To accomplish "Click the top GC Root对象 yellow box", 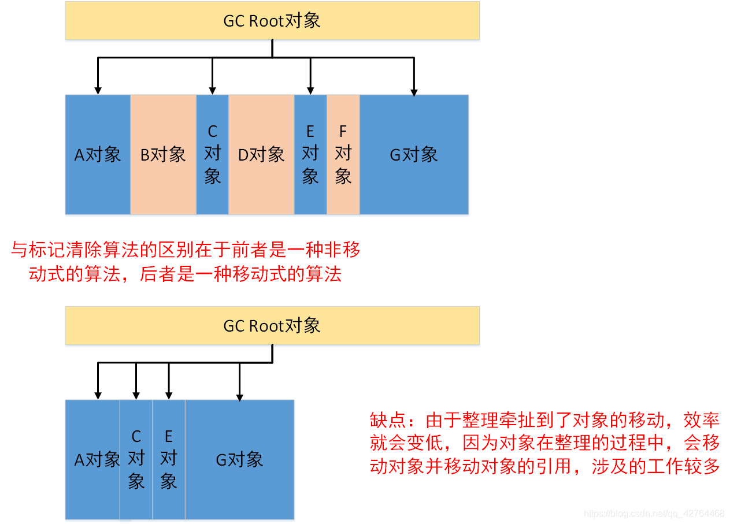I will click(x=272, y=21).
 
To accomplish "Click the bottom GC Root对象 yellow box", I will click(x=272, y=326).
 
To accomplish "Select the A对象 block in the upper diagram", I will click(x=98, y=155).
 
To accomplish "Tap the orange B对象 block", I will click(x=163, y=155).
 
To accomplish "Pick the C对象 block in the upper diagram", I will click(x=212, y=155).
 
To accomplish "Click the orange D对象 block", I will click(x=261, y=155).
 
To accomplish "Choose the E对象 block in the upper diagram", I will click(x=310, y=155).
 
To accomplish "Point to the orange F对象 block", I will click(x=343, y=155).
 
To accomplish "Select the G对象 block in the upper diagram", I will click(x=414, y=155).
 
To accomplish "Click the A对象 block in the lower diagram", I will click(x=92, y=459).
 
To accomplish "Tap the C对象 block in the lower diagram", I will click(x=136, y=459).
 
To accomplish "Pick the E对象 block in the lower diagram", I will click(x=169, y=459).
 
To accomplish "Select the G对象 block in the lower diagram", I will click(x=239, y=459).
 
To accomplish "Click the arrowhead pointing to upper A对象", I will click(x=98, y=91).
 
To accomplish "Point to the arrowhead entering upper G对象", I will click(x=414, y=91).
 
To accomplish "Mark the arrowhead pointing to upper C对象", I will click(x=213, y=91).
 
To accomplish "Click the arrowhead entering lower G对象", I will click(x=240, y=396).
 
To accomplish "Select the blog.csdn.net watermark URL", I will click(x=654, y=514).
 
